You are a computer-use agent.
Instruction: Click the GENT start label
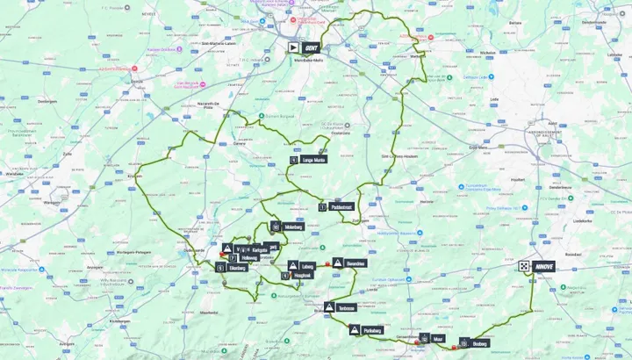[x=311, y=48]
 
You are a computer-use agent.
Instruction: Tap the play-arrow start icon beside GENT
[x=295, y=48]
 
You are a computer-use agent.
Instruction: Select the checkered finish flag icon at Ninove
[x=524, y=265]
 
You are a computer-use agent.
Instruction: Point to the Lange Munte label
[x=313, y=161]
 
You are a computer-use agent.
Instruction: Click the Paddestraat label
[x=341, y=206]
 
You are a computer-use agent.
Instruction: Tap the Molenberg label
[x=291, y=226]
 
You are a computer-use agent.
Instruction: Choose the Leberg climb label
[x=307, y=265]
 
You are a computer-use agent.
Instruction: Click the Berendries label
[x=355, y=263]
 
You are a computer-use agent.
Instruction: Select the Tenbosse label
[x=346, y=308]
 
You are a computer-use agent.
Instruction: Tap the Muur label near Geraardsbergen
[x=437, y=338]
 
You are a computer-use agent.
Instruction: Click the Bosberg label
[x=478, y=343]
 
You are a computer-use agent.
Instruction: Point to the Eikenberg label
[x=236, y=267]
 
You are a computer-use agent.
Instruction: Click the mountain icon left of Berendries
[x=337, y=263]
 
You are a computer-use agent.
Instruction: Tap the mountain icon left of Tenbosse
[x=329, y=308]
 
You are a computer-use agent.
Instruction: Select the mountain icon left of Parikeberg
[x=354, y=331]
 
